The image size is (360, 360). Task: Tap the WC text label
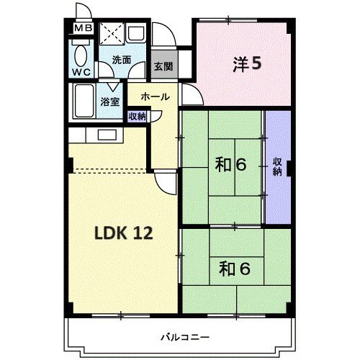tap(81, 72)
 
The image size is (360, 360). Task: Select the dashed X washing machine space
tap(112, 34)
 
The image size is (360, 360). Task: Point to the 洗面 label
tap(121, 61)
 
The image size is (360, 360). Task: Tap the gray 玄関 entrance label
tap(163, 66)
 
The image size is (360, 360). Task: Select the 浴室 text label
tap(110, 102)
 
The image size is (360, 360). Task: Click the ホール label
tap(155, 96)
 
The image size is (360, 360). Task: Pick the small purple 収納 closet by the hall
tap(137, 116)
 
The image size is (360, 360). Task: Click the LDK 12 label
tap(123, 233)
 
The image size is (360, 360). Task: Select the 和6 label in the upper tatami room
tap(230, 165)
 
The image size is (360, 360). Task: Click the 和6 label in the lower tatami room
tap(235, 269)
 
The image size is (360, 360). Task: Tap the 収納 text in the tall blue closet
tap(277, 166)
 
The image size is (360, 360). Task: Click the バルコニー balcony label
tap(184, 337)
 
